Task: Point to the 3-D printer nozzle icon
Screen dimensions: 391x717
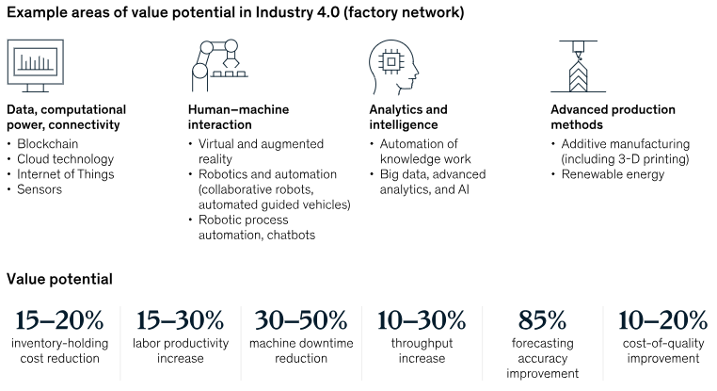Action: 575,63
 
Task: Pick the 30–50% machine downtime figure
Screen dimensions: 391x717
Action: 300,319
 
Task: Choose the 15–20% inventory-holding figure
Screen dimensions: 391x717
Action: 58,319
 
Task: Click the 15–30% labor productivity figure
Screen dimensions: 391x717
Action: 180,319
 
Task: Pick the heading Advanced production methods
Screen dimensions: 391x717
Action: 613,117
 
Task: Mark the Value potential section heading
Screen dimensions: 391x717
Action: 59,279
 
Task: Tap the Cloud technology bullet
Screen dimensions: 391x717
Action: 65,159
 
